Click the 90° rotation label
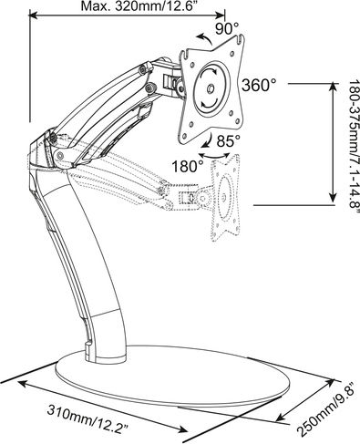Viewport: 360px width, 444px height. tap(228, 28)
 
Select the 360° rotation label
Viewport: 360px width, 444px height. tap(259, 85)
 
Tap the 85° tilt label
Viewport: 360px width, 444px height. tap(229, 140)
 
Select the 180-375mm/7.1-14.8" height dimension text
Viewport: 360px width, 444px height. tap(354, 149)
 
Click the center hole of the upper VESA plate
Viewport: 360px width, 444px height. tap(211, 89)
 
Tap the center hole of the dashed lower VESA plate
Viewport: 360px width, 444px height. tap(223, 197)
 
